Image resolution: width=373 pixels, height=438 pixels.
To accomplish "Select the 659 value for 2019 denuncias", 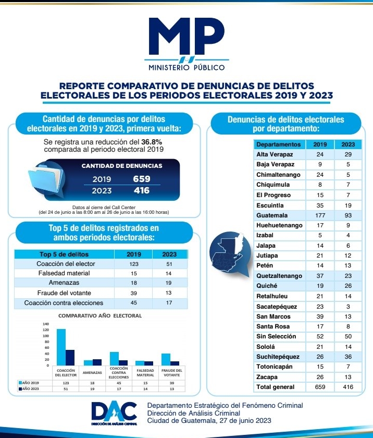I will [141, 179].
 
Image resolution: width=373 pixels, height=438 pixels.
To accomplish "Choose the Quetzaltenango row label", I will [279, 276].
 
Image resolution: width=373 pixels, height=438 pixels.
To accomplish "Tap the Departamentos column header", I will [279, 144].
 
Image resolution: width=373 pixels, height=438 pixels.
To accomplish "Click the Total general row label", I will [276, 387].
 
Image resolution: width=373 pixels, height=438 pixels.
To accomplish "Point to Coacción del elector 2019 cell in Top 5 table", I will [134, 263].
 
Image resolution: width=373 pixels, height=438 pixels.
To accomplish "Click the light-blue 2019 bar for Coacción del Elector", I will [61, 347].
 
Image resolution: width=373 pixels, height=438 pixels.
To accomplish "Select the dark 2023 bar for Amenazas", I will [97, 362].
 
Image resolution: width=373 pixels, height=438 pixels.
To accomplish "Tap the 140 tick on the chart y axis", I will [45, 324].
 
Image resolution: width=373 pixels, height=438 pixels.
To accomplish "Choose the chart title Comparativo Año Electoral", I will [100, 315].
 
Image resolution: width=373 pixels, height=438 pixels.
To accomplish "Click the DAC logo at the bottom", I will [114, 411].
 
